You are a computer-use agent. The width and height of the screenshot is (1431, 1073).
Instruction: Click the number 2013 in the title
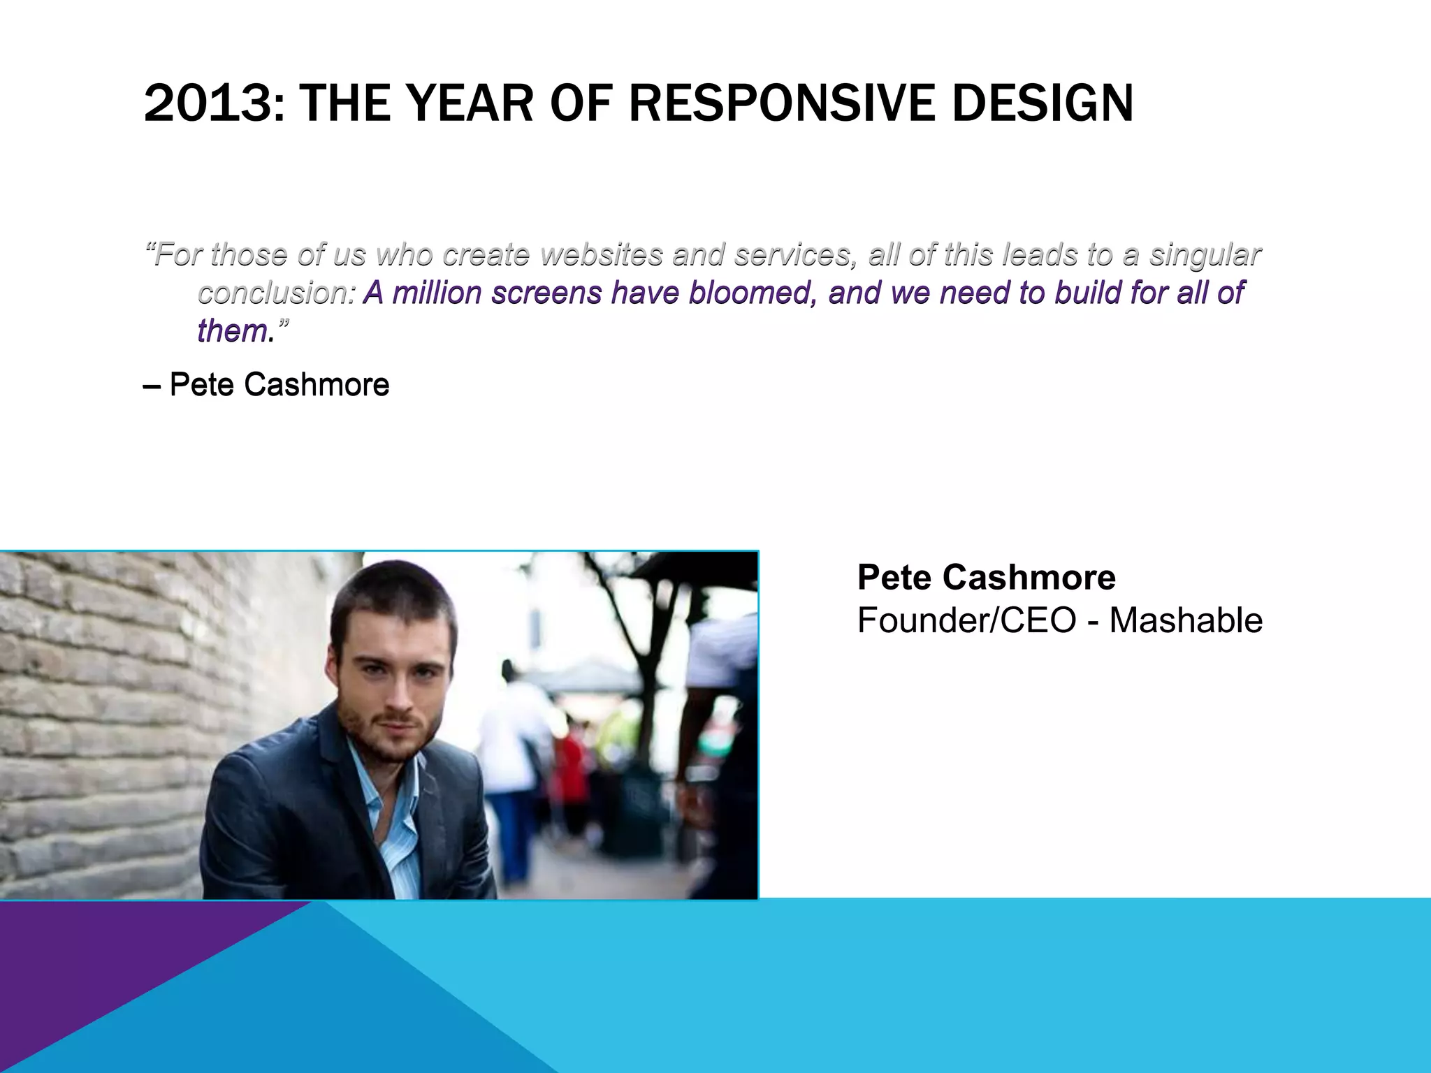(x=208, y=104)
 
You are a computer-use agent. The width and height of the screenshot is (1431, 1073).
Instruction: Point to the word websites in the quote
(x=601, y=255)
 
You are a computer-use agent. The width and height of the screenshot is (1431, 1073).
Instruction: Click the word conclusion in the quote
(x=273, y=293)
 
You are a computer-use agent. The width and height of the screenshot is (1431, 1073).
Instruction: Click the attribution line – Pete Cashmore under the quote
(x=266, y=385)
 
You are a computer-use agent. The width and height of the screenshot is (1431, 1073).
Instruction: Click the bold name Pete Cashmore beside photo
(x=986, y=578)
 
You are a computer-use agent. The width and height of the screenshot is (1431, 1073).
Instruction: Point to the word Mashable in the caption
(x=1186, y=620)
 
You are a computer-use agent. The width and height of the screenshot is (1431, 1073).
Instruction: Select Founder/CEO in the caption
(x=966, y=620)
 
